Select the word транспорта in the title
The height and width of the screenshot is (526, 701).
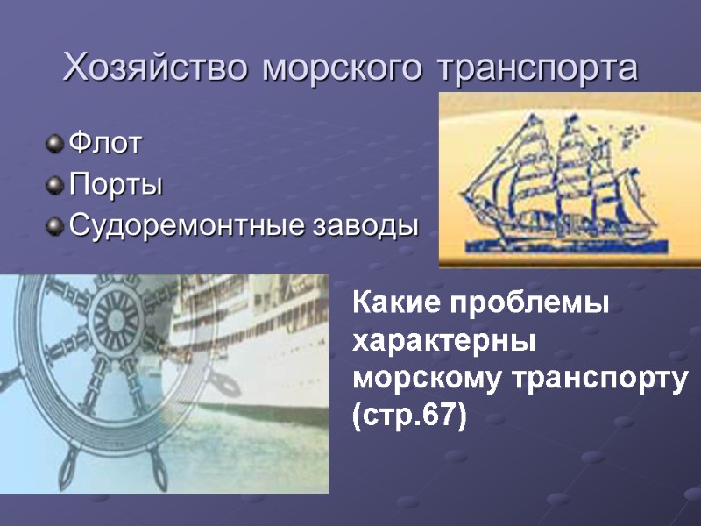point(536,68)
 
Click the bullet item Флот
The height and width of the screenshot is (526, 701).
point(104,144)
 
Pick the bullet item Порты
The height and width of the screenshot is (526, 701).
point(116,186)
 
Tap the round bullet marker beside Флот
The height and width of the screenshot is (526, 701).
point(56,143)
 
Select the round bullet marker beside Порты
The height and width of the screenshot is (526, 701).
point(56,185)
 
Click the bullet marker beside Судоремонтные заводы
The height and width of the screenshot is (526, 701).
point(56,227)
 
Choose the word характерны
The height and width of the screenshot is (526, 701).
point(443,343)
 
